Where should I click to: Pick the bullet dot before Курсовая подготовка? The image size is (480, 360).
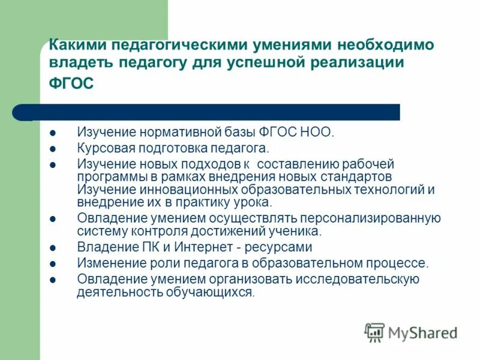point(53,148)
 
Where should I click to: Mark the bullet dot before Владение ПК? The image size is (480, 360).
point(53,247)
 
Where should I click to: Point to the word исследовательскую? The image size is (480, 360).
point(358,279)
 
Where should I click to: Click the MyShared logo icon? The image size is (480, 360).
point(374,331)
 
